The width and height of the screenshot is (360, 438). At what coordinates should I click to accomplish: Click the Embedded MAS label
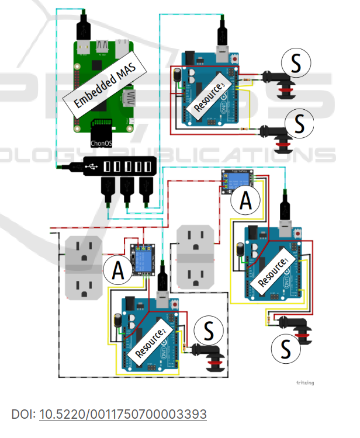point(102,84)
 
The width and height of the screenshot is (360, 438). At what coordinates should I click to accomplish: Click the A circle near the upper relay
point(246,201)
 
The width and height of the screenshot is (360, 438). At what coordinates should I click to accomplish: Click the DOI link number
point(123,415)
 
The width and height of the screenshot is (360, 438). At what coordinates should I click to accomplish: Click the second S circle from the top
point(299,124)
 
